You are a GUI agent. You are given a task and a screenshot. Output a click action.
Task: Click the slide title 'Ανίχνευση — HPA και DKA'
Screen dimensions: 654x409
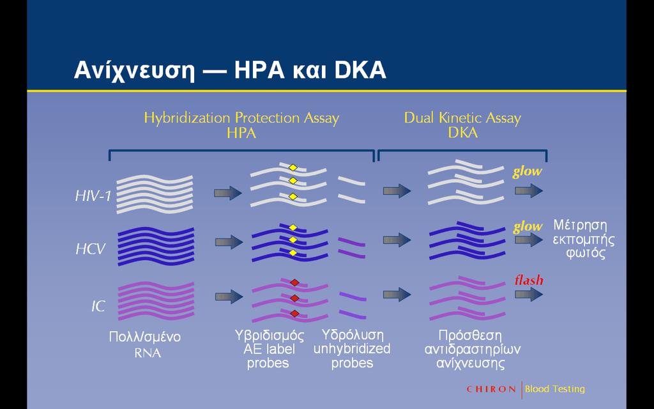tap(230, 71)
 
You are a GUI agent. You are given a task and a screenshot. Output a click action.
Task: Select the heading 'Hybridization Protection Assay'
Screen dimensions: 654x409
tap(241, 118)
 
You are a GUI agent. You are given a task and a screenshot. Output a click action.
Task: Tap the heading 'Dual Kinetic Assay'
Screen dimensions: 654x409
tap(462, 118)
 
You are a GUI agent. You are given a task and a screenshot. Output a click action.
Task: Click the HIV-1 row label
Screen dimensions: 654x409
tap(93, 196)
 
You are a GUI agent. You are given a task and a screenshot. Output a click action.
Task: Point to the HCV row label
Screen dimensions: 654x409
tap(91, 249)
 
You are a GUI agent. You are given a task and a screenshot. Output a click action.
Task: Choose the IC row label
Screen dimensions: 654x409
tap(98, 307)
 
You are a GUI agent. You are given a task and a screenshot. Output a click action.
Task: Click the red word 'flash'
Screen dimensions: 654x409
tap(529, 280)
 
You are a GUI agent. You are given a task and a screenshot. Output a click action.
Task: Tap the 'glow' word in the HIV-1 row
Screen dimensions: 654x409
tap(527, 172)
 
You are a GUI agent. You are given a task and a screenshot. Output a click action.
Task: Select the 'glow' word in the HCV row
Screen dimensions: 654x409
tap(528, 227)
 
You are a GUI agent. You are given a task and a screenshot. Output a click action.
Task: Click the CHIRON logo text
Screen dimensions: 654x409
tap(491, 389)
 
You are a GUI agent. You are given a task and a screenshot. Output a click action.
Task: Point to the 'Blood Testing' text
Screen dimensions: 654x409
tap(555, 389)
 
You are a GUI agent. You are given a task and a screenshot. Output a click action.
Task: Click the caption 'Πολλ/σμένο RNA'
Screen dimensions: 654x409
tap(145, 344)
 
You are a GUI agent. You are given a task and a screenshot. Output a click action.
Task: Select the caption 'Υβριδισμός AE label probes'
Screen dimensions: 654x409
tap(269, 350)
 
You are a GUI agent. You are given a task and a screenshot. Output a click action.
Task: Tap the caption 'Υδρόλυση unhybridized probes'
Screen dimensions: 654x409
tap(352, 349)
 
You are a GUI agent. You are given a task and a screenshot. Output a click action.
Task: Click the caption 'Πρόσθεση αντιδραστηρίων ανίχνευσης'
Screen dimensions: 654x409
tap(472, 350)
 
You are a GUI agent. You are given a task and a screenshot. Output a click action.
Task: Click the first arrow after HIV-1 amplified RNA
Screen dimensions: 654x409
tap(228, 193)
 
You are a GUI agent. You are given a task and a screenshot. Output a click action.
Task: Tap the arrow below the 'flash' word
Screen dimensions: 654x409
tap(529, 294)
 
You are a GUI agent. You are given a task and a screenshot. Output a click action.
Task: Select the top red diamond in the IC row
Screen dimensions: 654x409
tap(295, 282)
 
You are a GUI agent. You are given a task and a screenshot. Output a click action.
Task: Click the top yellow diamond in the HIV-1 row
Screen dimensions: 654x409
tap(293, 168)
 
